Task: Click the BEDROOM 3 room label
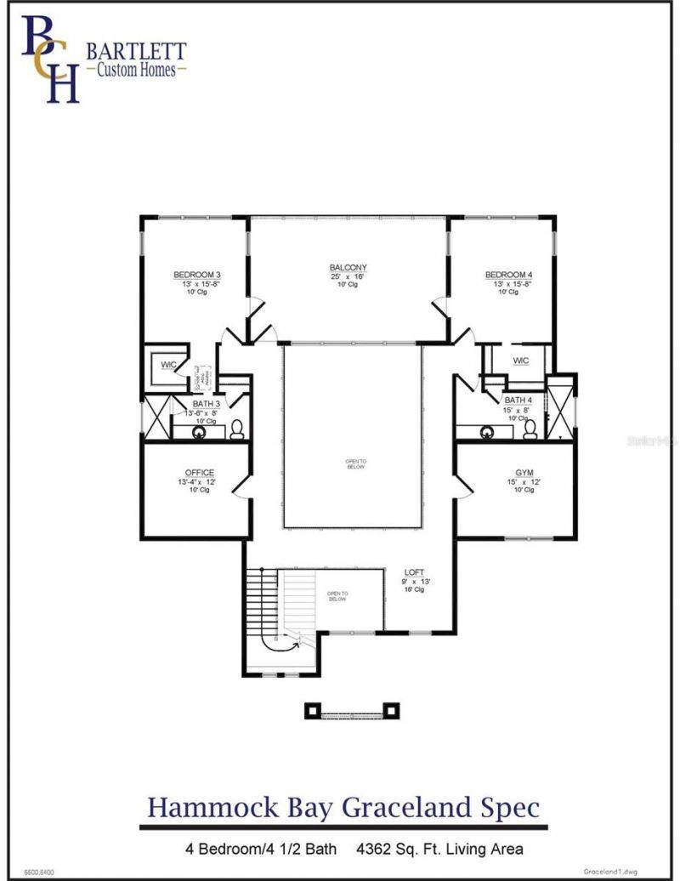pyautogui.click(x=197, y=275)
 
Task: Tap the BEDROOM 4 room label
pyautogui.click(x=508, y=275)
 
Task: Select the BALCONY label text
pyautogui.click(x=348, y=268)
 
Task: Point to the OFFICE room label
pyautogui.click(x=199, y=473)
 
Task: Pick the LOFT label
pyautogui.click(x=416, y=572)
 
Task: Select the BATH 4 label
pyautogui.click(x=518, y=400)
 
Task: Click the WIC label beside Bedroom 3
pyautogui.click(x=169, y=365)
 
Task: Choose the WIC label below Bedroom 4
pyautogui.click(x=520, y=361)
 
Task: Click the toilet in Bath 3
pyautogui.click(x=237, y=429)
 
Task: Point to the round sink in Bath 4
pyautogui.click(x=489, y=432)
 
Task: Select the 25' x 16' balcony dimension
pyautogui.click(x=348, y=276)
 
